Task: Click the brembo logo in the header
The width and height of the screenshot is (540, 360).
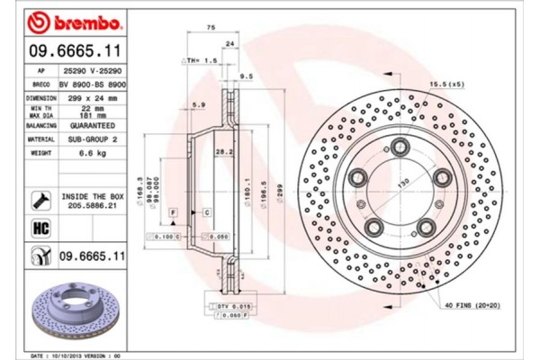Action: [x=68, y=20]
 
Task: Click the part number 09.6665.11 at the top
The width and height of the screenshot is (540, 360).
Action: [x=68, y=52]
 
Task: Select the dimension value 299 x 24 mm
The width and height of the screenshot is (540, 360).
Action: [x=98, y=97]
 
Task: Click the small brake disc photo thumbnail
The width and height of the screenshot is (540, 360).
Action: [x=68, y=311]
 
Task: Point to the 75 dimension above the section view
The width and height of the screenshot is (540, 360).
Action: [x=211, y=29]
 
